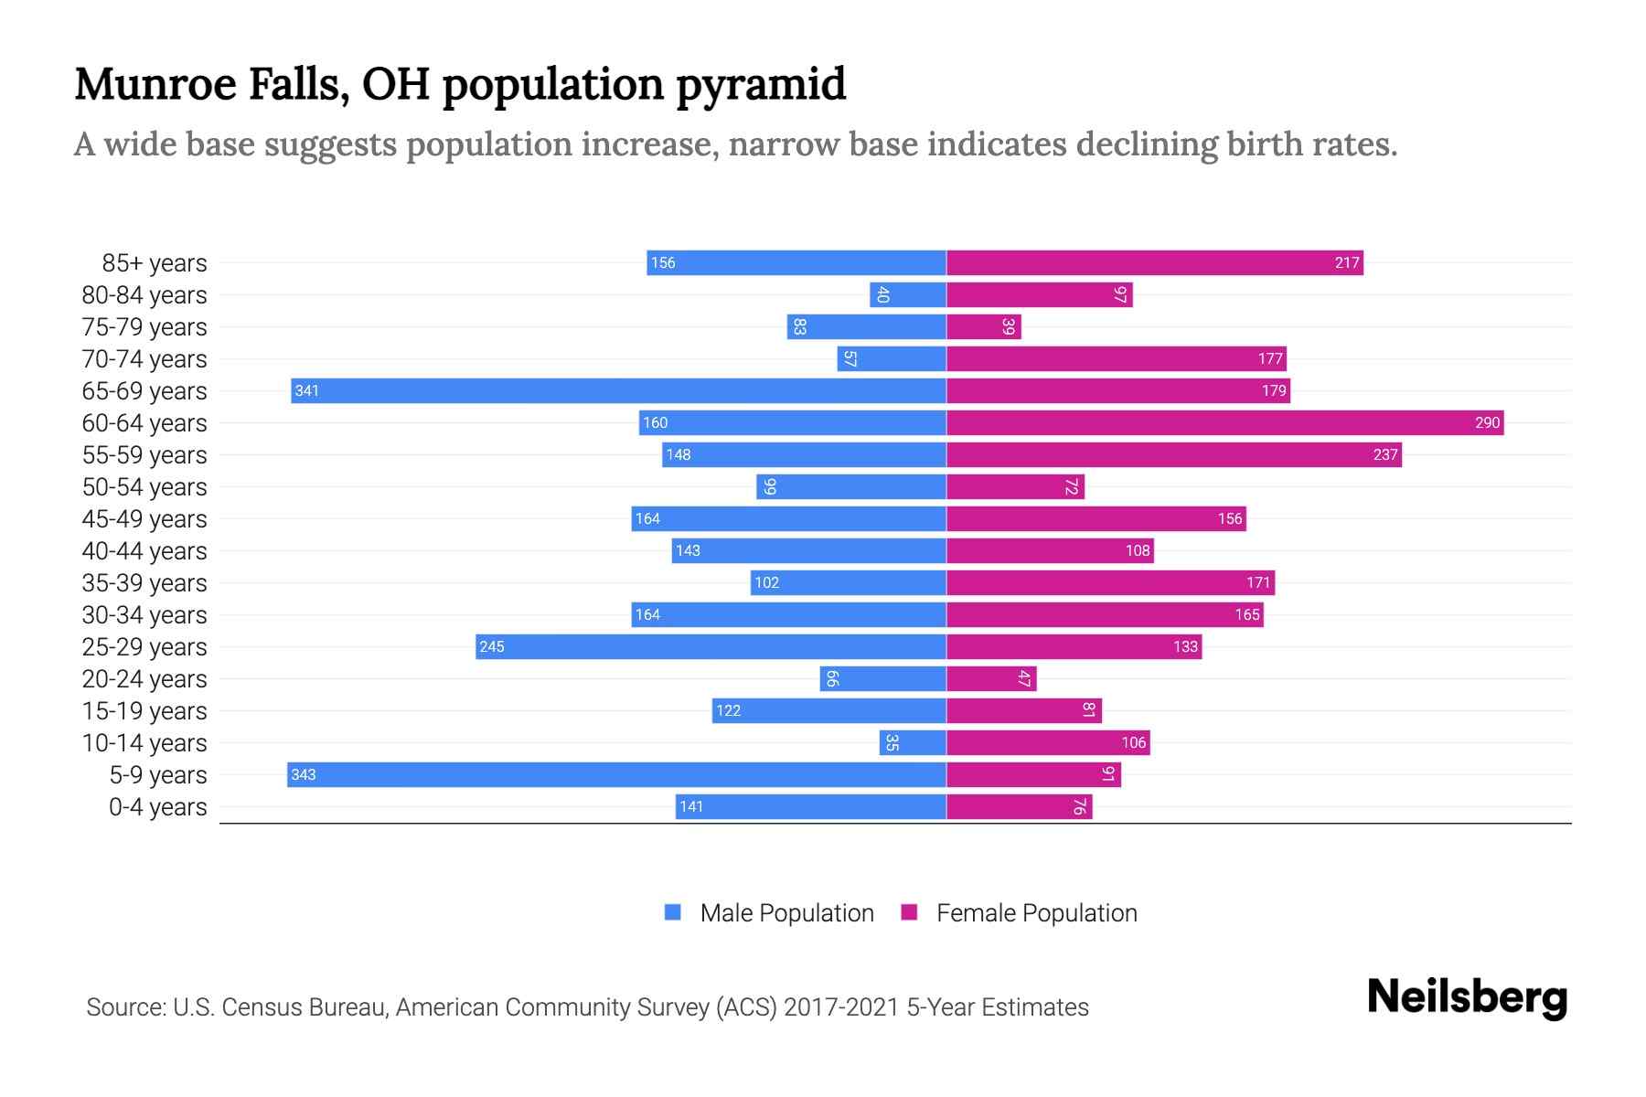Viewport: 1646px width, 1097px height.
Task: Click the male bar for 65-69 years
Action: coord(618,390)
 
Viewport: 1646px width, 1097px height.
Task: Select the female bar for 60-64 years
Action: coord(1224,422)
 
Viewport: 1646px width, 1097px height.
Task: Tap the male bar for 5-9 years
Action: coord(616,774)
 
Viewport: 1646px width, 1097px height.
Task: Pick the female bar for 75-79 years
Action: coord(983,326)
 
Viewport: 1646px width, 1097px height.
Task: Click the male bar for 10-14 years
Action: coord(913,742)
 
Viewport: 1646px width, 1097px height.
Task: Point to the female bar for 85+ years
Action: coord(1154,262)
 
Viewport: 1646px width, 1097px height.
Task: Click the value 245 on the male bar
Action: coord(492,646)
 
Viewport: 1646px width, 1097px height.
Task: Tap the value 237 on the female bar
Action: coord(1385,454)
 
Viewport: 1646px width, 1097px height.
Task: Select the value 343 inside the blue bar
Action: coord(304,774)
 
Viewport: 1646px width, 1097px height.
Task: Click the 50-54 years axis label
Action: coord(144,486)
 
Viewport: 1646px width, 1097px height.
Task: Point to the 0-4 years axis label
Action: coord(157,806)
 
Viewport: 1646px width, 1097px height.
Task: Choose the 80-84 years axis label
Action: coord(144,294)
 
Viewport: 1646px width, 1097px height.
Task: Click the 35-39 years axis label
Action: coord(144,582)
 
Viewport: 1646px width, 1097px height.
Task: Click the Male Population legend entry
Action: coord(786,912)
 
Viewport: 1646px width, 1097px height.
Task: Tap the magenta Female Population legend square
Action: coord(909,912)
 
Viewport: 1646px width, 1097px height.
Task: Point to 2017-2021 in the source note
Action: coord(841,1006)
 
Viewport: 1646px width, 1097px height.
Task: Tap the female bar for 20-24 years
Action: coord(991,678)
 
